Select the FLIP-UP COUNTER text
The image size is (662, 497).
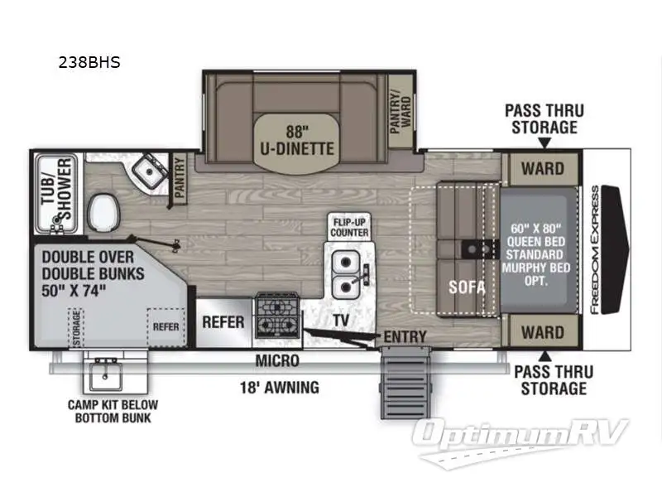click(350, 227)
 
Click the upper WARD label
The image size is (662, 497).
click(542, 170)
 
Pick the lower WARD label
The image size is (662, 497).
click(542, 333)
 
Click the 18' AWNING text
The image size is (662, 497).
click(278, 387)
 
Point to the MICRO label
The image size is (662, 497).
click(276, 361)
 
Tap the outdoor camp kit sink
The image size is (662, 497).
click(105, 373)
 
